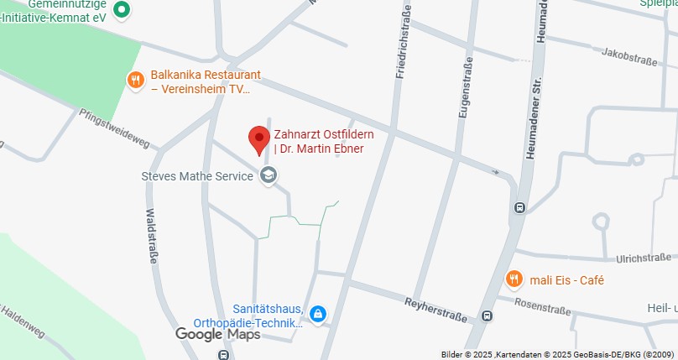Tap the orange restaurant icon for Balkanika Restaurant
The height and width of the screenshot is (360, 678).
point(135,80)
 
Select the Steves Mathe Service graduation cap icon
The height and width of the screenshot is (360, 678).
point(269,175)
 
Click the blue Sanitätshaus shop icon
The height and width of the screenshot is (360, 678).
point(317,315)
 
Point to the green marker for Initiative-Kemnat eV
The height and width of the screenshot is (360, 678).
point(122,9)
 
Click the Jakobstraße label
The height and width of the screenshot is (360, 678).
point(628,57)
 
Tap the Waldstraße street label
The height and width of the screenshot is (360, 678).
point(152,236)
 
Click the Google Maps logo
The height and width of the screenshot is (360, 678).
point(217,334)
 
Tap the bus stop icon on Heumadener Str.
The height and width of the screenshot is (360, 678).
point(519,208)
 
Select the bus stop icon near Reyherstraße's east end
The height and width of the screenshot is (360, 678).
point(488,316)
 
